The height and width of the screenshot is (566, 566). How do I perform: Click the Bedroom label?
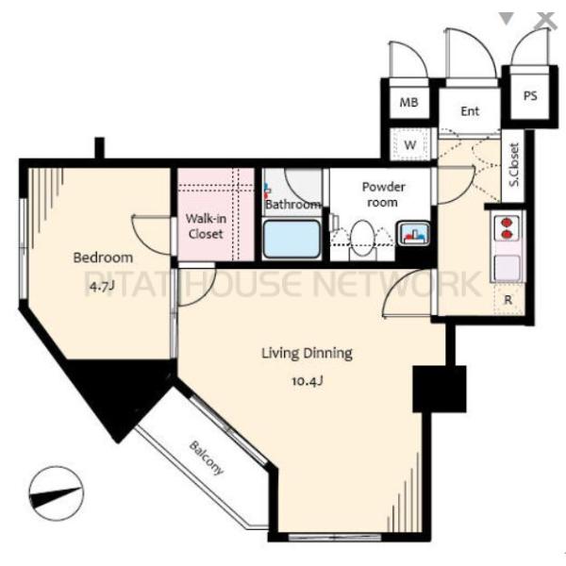(103, 258)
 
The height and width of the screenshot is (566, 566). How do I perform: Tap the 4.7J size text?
(103, 286)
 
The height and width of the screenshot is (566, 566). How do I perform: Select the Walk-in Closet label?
(206, 226)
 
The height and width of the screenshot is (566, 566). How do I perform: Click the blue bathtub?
(291, 239)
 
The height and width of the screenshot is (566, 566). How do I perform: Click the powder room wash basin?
(414, 233)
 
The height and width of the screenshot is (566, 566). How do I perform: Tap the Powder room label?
(383, 194)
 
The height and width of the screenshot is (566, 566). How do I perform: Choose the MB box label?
(409, 103)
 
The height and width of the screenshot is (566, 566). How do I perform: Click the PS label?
(530, 96)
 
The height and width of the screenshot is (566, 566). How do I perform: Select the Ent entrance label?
(470, 111)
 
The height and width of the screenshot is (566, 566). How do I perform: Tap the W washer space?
(409, 144)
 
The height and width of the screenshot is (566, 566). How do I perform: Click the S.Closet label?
(514, 165)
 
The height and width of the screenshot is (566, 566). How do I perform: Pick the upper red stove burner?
(507, 222)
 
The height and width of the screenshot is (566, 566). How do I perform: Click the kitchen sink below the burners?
(508, 268)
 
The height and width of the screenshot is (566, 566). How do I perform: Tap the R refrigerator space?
(508, 299)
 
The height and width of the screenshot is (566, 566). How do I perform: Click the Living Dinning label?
(307, 353)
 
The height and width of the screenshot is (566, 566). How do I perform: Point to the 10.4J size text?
(308, 381)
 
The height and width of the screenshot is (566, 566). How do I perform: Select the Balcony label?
(207, 458)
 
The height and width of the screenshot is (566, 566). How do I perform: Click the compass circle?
(56, 493)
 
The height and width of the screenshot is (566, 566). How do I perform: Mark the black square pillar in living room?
(440, 389)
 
